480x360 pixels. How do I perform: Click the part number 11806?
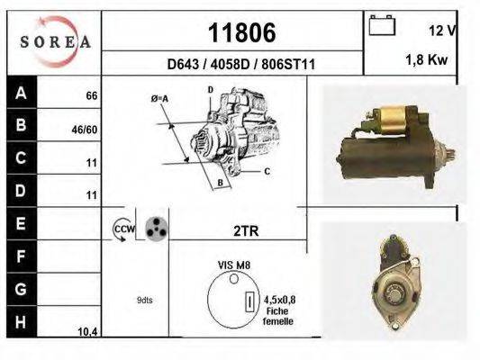click(240, 33)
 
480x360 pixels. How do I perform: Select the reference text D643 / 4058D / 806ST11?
click(241, 65)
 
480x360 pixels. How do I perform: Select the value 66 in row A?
click(91, 95)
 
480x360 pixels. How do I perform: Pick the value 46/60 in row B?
click(85, 129)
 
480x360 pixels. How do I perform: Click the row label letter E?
click(21, 222)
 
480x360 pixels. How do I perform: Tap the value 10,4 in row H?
click(86, 332)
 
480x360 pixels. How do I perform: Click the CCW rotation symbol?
click(122, 229)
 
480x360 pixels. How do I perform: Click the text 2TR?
click(245, 230)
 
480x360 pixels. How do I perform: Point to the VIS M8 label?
click(231, 266)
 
